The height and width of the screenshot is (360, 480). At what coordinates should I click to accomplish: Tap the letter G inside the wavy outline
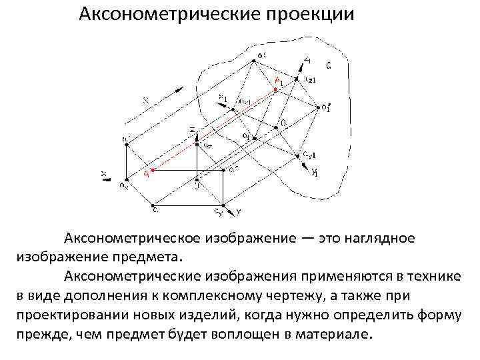pyautogui.click(x=329, y=65)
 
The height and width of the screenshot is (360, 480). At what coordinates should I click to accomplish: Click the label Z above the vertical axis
pyautogui.click(x=192, y=129)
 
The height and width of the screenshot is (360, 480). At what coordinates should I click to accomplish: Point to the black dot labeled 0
pyautogui.click(x=274, y=127)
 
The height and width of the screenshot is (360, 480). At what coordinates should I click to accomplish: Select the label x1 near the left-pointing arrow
pyautogui.click(x=223, y=98)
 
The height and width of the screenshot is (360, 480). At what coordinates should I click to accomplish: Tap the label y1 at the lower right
pyautogui.click(x=315, y=173)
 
